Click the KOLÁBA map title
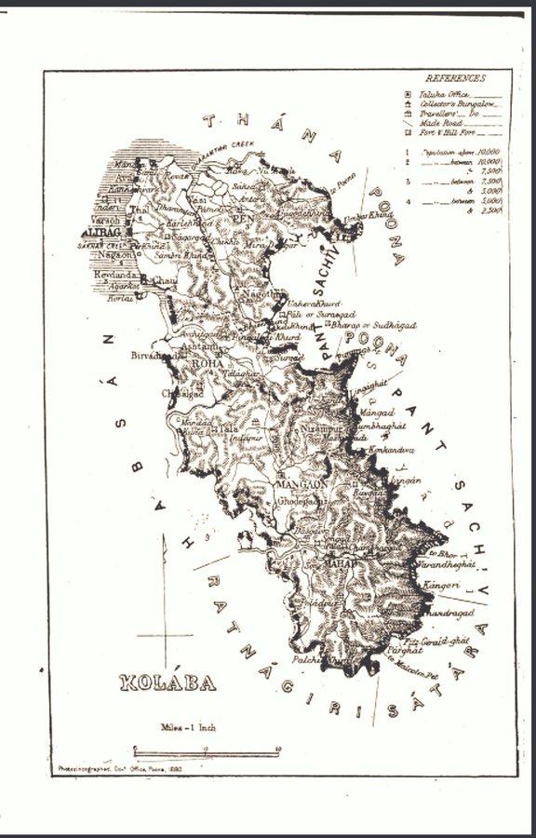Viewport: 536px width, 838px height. click(x=167, y=683)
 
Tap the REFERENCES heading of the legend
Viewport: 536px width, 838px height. click(x=455, y=78)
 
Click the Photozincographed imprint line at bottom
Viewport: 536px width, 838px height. click(x=112, y=769)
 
